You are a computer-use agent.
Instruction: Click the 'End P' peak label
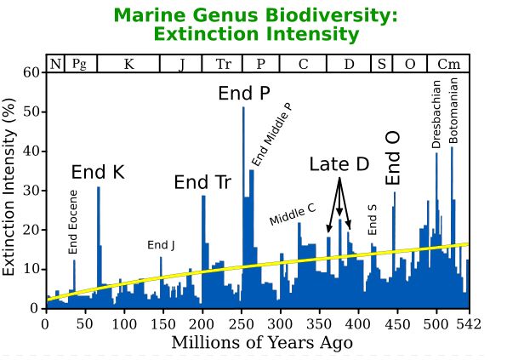pyautogui.click(x=244, y=93)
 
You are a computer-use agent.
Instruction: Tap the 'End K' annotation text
pyautogui.click(x=98, y=173)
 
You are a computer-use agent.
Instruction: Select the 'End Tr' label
pyautogui.click(x=202, y=182)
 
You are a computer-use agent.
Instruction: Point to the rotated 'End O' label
pyautogui.click(x=394, y=159)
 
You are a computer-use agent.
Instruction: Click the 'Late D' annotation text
pyautogui.click(x=339, y=164)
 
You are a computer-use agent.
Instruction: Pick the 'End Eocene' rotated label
pyautogui.click(x=73, y=225)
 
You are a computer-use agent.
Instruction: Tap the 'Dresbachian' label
pyautogui.click(x=436, y=115)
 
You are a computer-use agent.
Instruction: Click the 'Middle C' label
pyautogui.click(x=293, y=214)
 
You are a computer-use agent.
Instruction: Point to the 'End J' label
pyautogui.click(x=161, y=245)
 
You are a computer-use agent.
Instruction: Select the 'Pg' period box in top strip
pyautogui.click(x=78, y=64)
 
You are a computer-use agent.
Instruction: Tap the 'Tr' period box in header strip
pyautogui.click(x=223, y=64)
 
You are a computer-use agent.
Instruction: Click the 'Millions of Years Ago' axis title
pyautogui.click(x=262, y=343)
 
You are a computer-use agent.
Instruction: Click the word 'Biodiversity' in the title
pyautogui.click(x=328, y=15)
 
